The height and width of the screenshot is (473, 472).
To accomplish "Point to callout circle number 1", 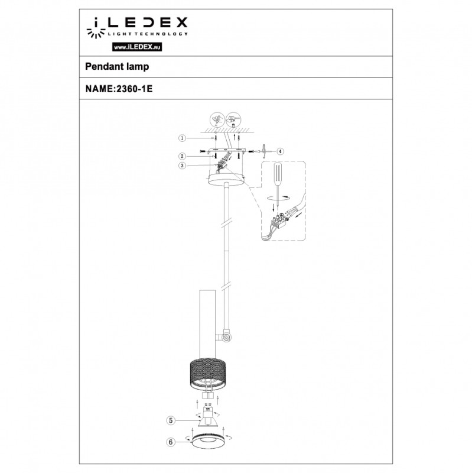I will tap(182, 138).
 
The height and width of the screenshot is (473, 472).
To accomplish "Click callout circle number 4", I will tap(280, 151).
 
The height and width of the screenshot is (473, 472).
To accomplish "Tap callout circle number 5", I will tap(171, 420).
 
